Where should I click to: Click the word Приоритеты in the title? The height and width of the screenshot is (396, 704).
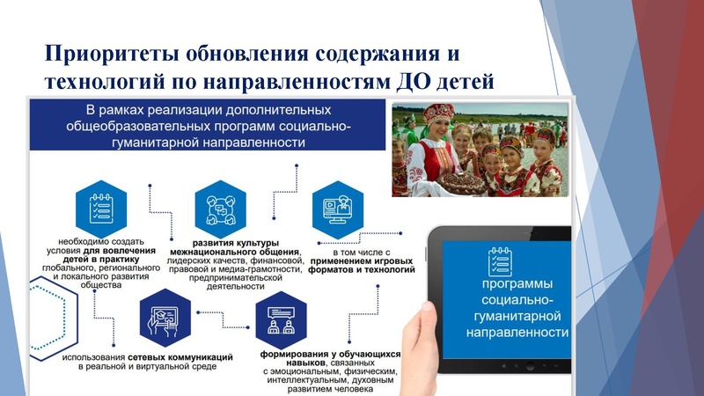(112, 53)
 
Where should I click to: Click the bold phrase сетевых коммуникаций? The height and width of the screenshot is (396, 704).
(182, 355)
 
